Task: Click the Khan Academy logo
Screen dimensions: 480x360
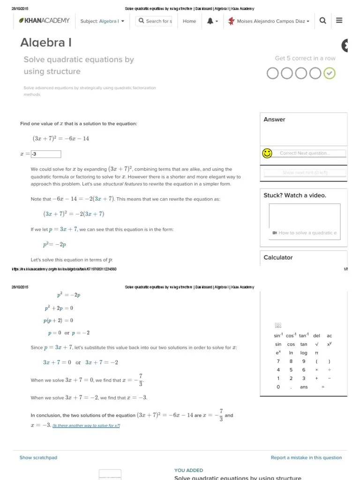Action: (44, 21)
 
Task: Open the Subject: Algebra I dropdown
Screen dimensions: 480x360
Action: (102, 21)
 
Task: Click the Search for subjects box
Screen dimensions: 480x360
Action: (154, 21)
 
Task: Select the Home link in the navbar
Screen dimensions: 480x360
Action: (189, 21)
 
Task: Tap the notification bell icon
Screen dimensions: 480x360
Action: (210, 21)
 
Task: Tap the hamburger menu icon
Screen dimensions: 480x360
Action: (339, 21)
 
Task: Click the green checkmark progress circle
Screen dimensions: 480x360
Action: (330, 73)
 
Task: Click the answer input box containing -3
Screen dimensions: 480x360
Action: (46, 154)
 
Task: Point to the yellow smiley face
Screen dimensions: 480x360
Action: (267, 153)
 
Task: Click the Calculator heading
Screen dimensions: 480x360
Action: (278, 257)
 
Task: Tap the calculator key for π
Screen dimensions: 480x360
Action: (316, 352)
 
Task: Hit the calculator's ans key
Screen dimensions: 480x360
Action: (304, 387)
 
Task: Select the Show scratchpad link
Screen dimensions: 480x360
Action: (38, 457)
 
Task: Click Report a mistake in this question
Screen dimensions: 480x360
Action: (306, 457)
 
